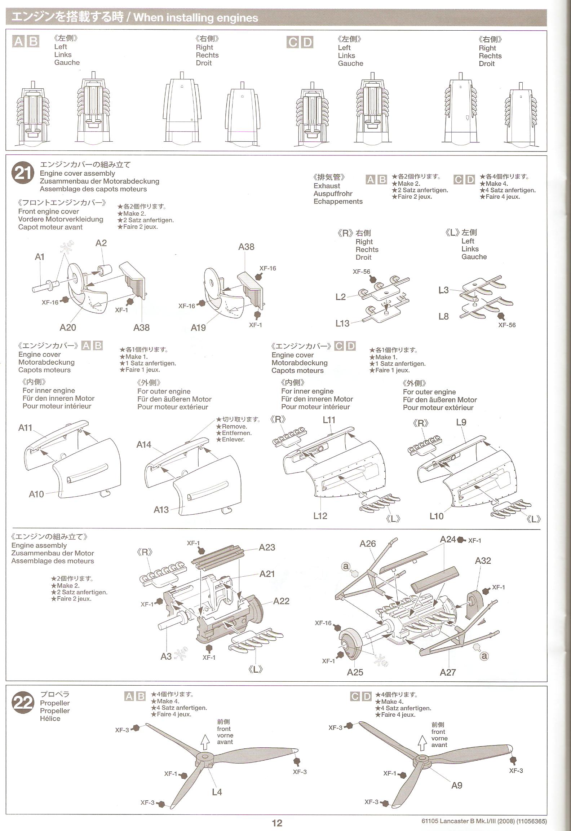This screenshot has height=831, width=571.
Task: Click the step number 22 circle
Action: [23, 702]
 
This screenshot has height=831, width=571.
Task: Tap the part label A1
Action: [40, 257]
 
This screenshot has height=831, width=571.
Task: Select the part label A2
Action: [101, 243]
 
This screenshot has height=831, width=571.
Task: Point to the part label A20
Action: [68, 327]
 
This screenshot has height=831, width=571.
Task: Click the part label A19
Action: [198, 327]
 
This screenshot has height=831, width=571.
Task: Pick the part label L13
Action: [342, 323]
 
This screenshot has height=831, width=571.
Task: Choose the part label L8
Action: [443, 316]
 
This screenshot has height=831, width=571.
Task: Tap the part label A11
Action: [25, 428]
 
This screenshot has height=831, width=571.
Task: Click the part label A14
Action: [143, 445]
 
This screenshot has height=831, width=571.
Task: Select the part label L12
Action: [320, 516]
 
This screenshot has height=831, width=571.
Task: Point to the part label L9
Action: [461, 422]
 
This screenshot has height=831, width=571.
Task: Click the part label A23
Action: [267, 547]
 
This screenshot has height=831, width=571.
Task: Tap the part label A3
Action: [166, 656]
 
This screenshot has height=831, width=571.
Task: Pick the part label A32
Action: [483, 560]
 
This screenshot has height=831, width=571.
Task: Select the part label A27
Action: [448, 672]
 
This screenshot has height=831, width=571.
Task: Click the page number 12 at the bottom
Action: [277, 823]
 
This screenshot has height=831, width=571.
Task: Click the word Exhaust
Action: [327, 186]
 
